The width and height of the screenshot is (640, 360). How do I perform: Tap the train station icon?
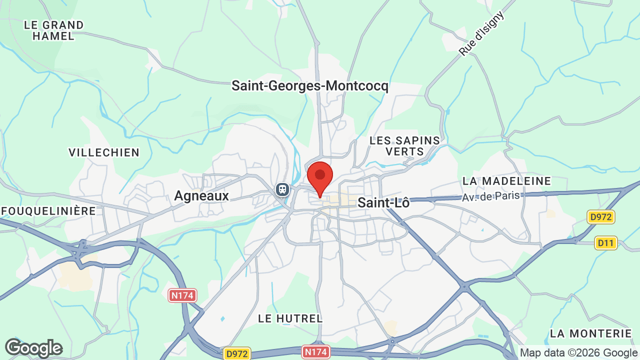coord(282,189)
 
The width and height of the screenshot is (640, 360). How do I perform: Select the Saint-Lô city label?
coord(383,203)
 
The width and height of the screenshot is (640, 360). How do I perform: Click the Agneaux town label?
coord(201,196)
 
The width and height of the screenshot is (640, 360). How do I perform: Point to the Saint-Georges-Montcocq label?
coord(309,86)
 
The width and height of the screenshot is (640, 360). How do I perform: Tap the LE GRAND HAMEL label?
coord(53,30)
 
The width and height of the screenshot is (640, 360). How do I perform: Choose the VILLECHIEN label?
coord(104,152)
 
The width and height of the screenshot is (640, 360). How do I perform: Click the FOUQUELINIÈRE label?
coord(48,211)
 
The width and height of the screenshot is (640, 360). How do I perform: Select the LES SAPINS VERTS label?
coord(404,145)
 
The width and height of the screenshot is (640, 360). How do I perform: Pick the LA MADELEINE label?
coord(506,180)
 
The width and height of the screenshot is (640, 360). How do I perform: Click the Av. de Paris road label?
coord(491,196)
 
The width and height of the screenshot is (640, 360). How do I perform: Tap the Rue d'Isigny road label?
coord(481,33)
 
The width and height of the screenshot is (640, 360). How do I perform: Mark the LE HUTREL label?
coord(290,318)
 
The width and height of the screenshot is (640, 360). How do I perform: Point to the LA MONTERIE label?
coord(591,333)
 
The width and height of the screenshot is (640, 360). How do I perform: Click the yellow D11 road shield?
coord(606,243)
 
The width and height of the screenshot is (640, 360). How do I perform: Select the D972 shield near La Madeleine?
coord(601,217)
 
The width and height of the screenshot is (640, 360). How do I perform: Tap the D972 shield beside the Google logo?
coord(236,353)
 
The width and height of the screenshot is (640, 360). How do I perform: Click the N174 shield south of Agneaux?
coord(182,295)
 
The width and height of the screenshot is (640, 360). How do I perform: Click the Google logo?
coord(33,348)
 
